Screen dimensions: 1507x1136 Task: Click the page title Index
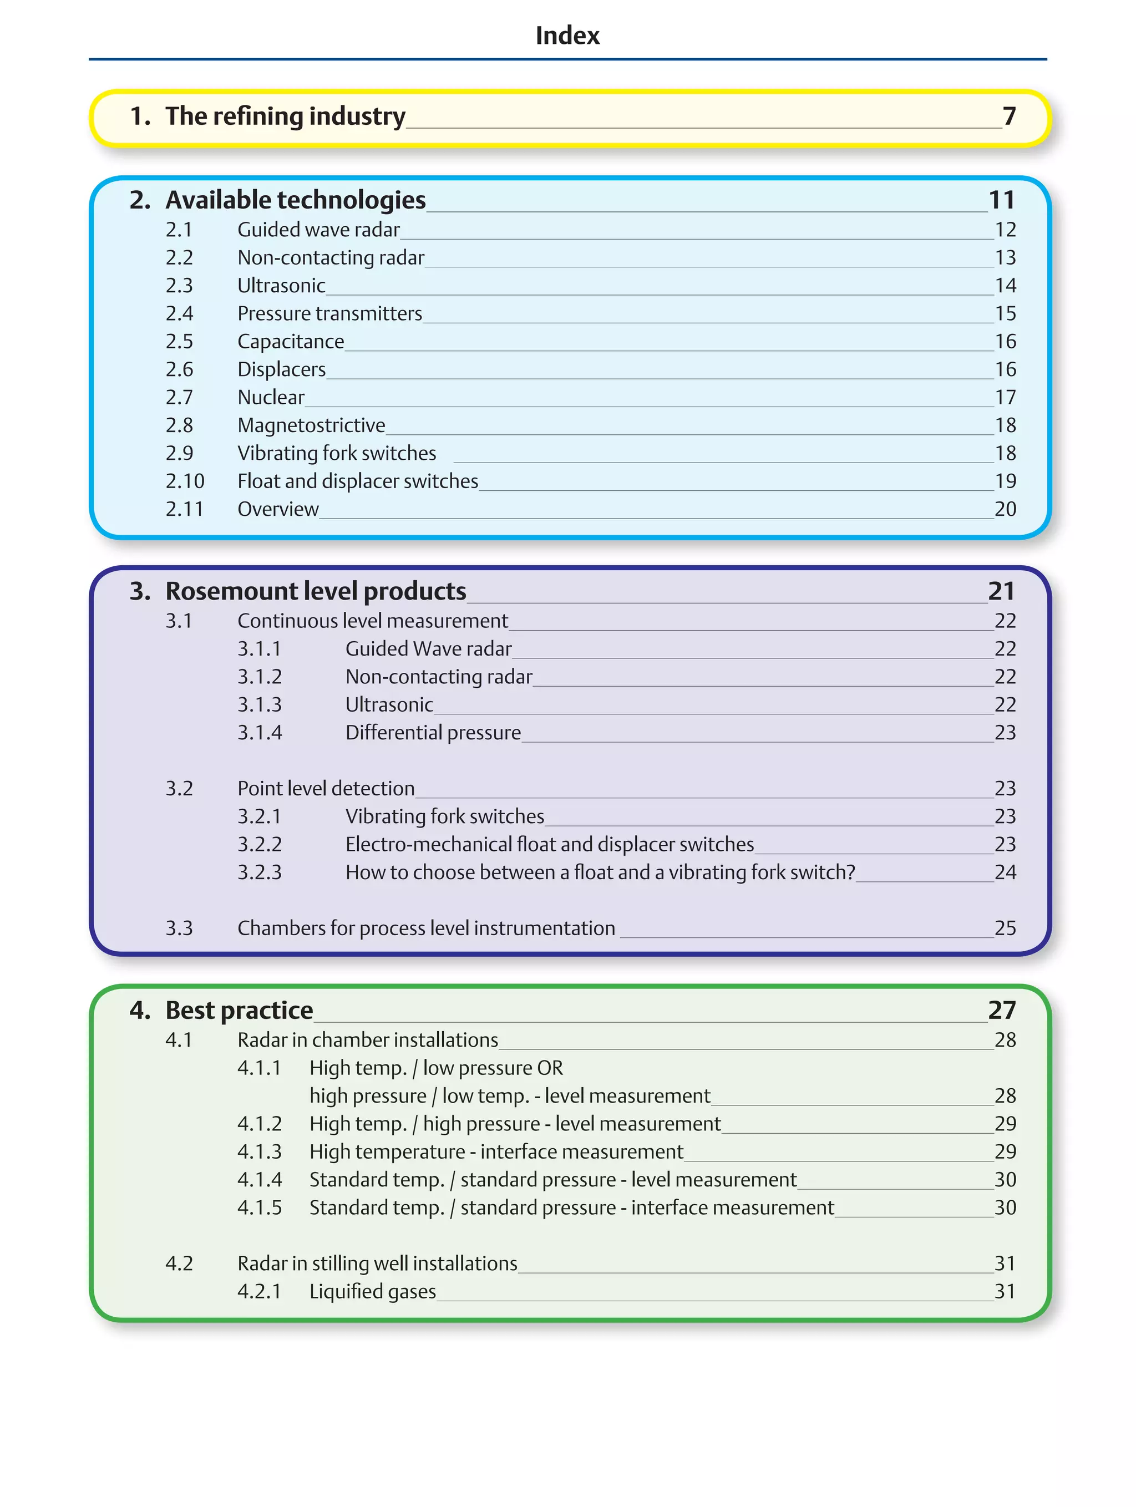[x=567, y=35]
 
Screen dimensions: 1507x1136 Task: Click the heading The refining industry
[x=285, y=116]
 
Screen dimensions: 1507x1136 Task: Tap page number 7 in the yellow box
[x=1009, y=116]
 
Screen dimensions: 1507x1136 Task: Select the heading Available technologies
[x=295, y=200]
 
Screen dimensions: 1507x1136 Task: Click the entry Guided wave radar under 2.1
[x=318, y=230]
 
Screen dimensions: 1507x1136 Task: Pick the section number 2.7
[x=179, y=398]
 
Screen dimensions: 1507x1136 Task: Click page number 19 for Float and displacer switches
[x=1005, y=481]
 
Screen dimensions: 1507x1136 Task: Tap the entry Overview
[x=277, y=510]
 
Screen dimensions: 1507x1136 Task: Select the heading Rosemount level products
[x=316, y=591]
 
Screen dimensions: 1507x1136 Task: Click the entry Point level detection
[x=326, y=789]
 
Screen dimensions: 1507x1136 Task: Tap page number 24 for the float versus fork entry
[x=1005, y=872]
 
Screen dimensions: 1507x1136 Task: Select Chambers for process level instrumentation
[x=426, y=928]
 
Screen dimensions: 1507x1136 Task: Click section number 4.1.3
[x=259, y=1152]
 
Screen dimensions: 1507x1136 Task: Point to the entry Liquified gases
[x=372, y=1292]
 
